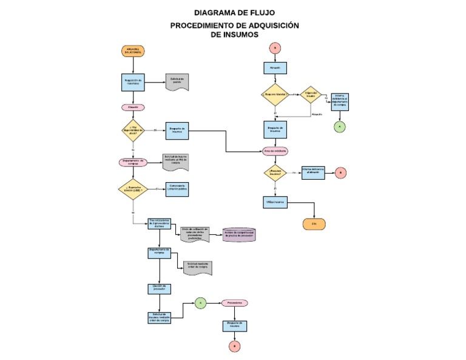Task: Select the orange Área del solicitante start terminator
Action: (x=132, y=51)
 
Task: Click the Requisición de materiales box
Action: (x=132, y=82)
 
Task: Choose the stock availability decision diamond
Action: (x=132, y=130)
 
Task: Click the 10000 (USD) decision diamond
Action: (x=132, y=189)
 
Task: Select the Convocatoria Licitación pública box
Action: (x=177, y=189)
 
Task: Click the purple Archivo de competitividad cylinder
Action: (x=240, y=234)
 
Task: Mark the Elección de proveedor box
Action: (x=159, y=289)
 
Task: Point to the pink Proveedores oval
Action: (x=234, y=302)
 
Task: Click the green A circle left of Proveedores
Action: (x=201, y=302)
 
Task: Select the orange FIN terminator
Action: (x=314, y=223)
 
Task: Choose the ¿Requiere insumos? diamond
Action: (x=275, y=173)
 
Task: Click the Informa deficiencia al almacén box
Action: (x=313, y=173)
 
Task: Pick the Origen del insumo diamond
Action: (x=311, y=95)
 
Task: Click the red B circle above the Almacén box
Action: (x=275, y=47)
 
